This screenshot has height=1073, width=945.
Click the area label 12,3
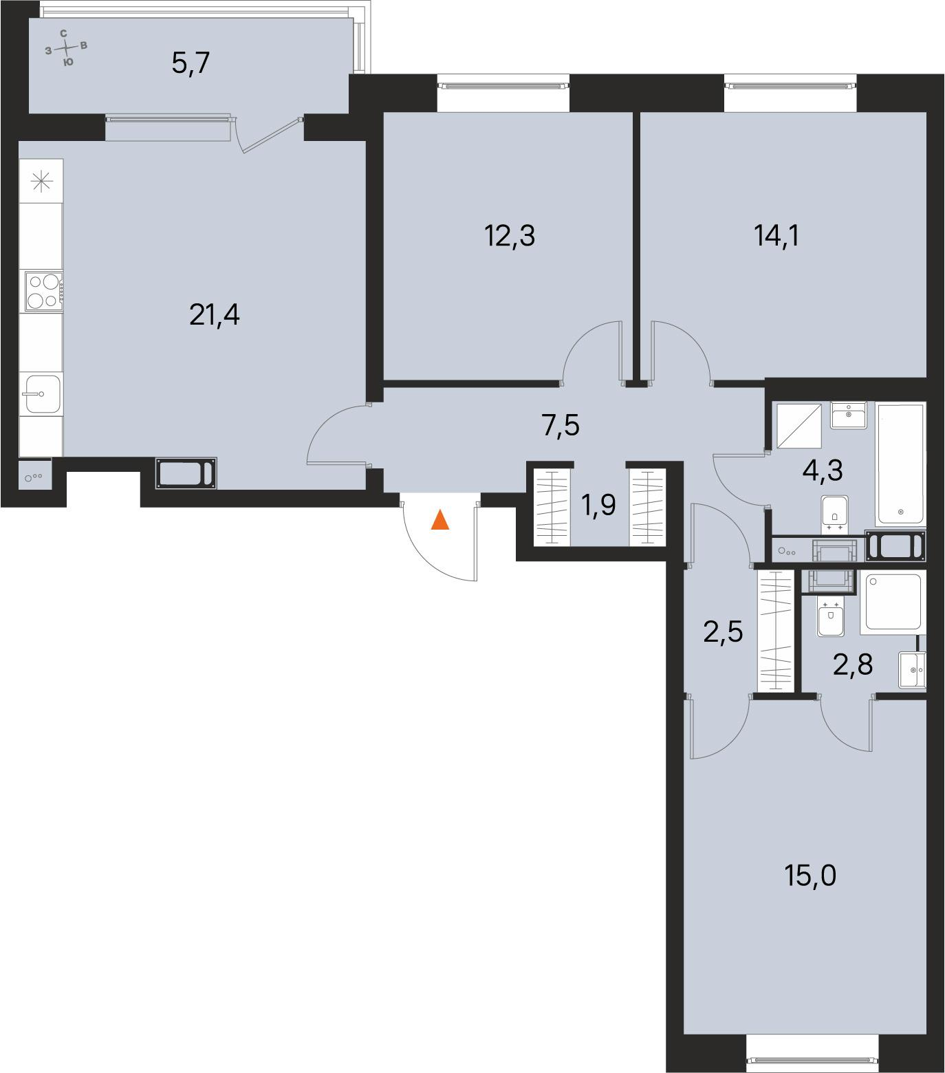click(x=510, y=236)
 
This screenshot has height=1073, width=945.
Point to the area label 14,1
click(x=777, y=236)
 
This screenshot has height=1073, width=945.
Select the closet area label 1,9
click(x=598, y=506)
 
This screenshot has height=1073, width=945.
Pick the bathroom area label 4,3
click(x=822, y=470)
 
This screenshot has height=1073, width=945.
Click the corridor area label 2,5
click(x=723, y=630)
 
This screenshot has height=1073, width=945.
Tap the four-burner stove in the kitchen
click(x=43, y=292)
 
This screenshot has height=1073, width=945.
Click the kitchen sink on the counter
click(x=43, y=393)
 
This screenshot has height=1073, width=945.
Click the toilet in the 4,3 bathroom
click(x=834, y=512)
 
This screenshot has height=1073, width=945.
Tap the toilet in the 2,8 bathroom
click(x=831, y=618)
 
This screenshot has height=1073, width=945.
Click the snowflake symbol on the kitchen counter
click(x=41, y=181)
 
